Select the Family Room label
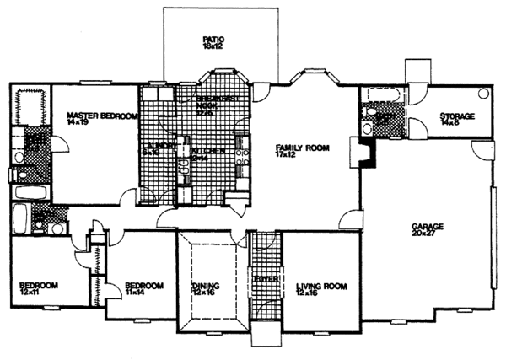click(300, 150)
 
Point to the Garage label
click(428, 230)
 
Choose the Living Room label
click(321, 291)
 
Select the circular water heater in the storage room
click(484, 94)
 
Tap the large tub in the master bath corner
click(29, 105)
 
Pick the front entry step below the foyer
click(265, 339)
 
